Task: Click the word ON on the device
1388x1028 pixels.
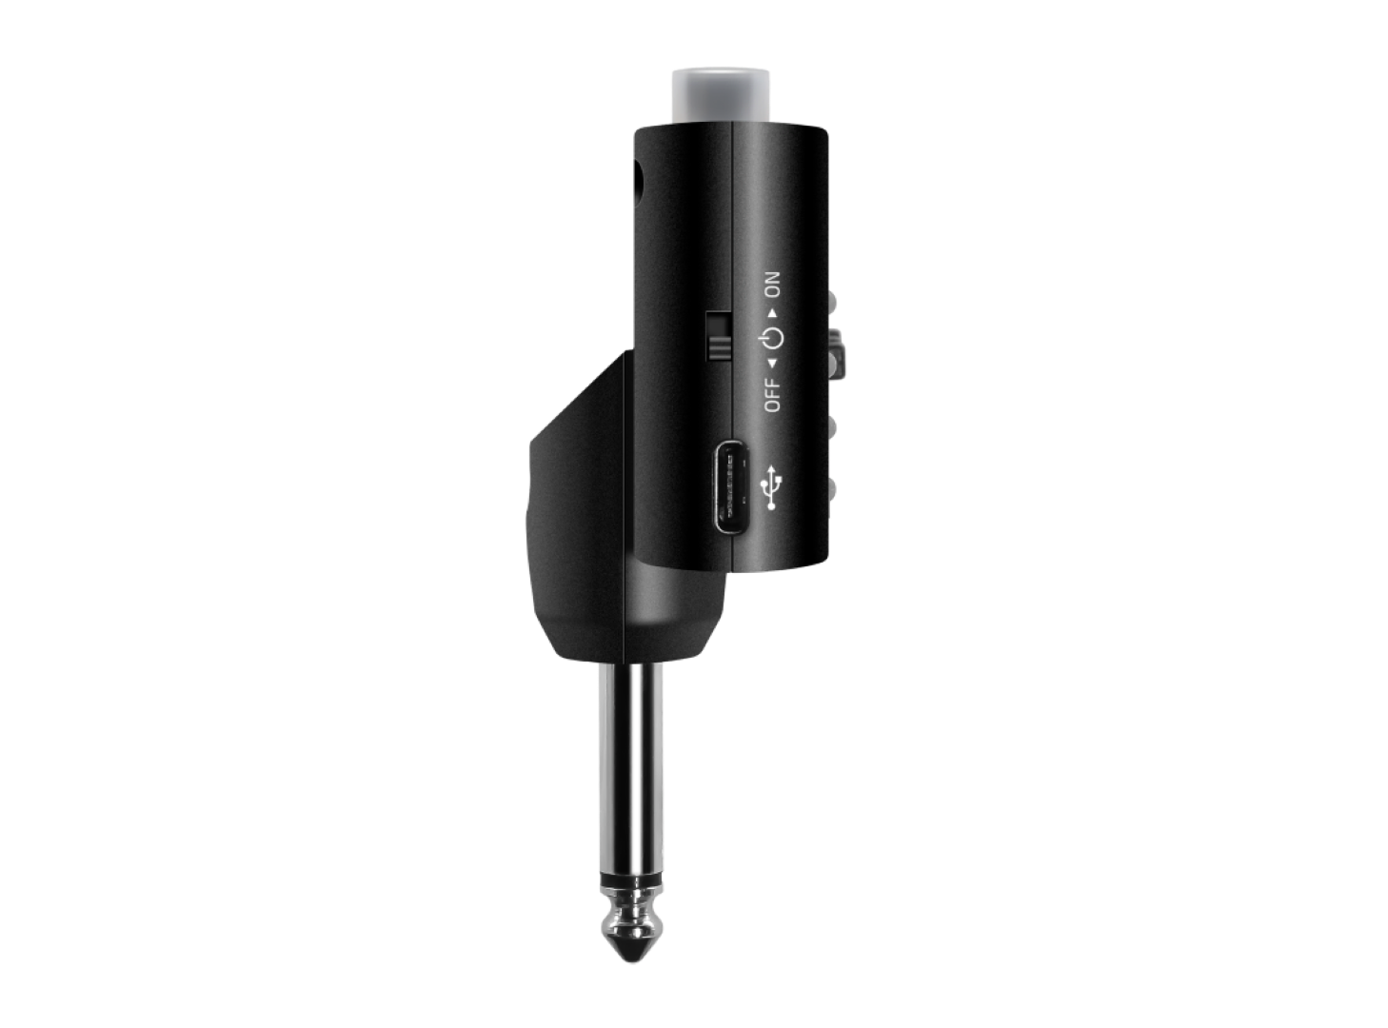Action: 773,284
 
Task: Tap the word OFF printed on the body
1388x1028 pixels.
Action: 773,395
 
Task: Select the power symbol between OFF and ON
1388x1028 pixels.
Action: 772,339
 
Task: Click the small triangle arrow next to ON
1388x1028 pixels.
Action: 774,313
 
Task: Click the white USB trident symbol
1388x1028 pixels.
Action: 772,486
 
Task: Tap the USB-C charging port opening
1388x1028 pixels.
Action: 734,487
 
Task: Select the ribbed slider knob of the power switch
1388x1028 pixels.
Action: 720,347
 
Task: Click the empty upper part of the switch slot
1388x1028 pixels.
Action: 720,323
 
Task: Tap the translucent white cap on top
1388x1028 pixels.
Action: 721,96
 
